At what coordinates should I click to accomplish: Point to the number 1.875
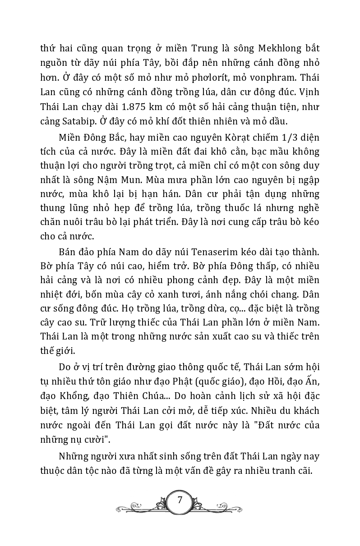pos(117,110)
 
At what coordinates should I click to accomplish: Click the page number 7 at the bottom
pos(180,500)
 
